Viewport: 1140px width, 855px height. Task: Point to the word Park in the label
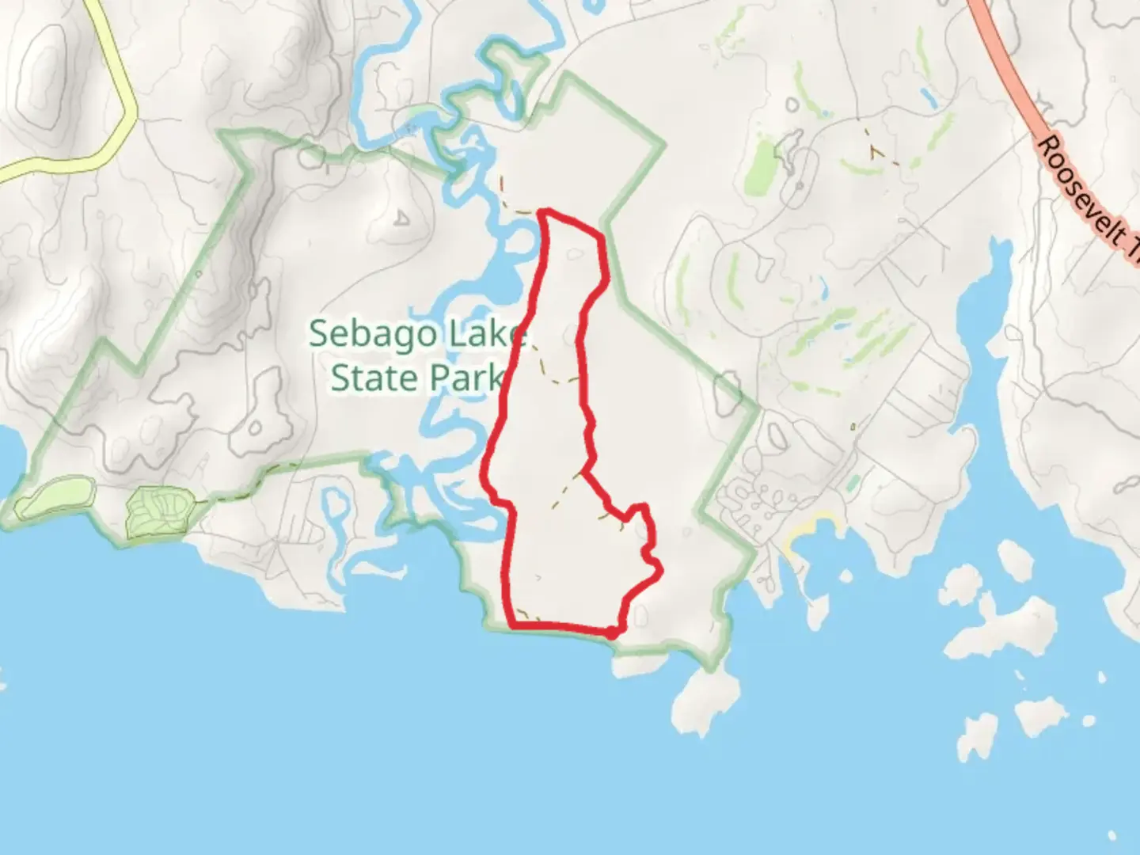(x=468, y=378)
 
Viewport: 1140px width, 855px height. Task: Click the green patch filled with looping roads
(x=160, y=511)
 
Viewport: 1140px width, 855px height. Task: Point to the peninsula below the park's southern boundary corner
(x=705, y=701)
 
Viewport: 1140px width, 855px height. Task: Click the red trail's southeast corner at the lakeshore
(x=613, y=633)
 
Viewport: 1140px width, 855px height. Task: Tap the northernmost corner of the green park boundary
(x=567, y=74)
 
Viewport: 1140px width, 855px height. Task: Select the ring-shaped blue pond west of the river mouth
(x=337, y=507)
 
